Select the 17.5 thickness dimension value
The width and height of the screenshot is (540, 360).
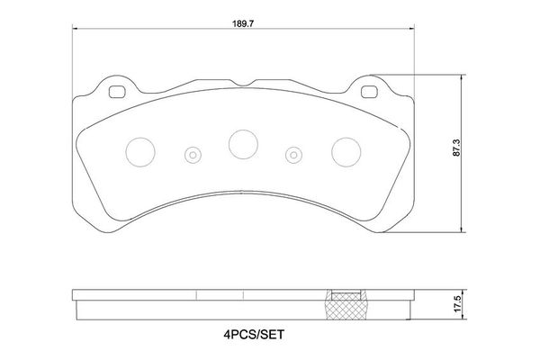[459, 304]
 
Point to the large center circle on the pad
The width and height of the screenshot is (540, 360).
[242, 142]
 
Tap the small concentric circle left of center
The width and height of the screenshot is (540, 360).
[192, 155]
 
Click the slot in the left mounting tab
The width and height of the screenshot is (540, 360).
[115, 91]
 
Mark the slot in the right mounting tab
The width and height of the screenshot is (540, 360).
[369, 91]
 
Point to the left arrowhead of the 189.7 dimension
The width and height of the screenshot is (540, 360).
[74, 28]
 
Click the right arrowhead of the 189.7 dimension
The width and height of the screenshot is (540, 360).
[410, 28]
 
